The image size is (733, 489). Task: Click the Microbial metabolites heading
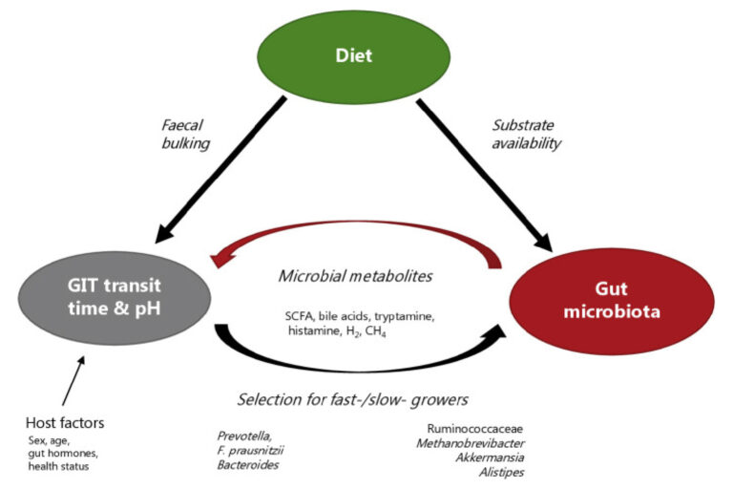pyautogui.click(x=355, y=276)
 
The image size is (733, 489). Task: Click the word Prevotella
pyautogui.click(x=244, y=437)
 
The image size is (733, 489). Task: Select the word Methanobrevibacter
pyautogui.click(x=468, y=443)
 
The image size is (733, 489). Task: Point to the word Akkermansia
pyautogui.click(x=492, y=457)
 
